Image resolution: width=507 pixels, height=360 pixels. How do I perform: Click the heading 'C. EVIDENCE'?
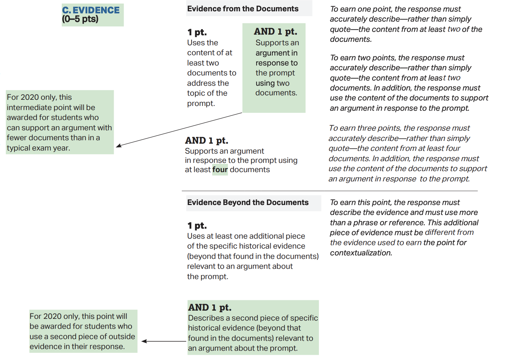click(91, 10)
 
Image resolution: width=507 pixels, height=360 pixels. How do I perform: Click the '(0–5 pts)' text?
click(80, 19)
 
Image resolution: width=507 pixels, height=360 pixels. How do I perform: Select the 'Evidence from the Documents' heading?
click(243, 9)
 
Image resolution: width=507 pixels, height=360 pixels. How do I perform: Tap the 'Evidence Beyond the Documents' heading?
click(248, 202)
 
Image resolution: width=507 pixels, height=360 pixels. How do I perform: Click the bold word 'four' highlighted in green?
click(220, 170)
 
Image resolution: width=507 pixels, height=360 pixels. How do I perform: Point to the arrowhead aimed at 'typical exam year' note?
click(118, 146)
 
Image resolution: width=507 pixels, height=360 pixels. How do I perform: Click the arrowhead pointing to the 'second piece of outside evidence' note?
click(144, 341)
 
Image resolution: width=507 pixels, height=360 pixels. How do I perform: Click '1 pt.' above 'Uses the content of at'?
click(197, 33)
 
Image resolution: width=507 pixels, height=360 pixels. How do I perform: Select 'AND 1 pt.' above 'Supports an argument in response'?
click(275, 32)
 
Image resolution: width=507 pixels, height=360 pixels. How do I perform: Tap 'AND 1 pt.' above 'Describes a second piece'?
click(210, 307)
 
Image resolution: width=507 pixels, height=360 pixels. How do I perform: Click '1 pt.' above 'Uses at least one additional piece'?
click(197, 226)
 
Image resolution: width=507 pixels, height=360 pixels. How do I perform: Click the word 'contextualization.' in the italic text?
click(361, 253)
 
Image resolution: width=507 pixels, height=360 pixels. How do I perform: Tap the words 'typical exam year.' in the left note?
click(38, 148)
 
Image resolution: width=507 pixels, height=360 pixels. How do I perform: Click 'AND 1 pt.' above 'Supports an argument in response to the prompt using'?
click(207, 141)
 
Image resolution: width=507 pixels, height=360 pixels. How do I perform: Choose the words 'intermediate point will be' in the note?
click(51, 107)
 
